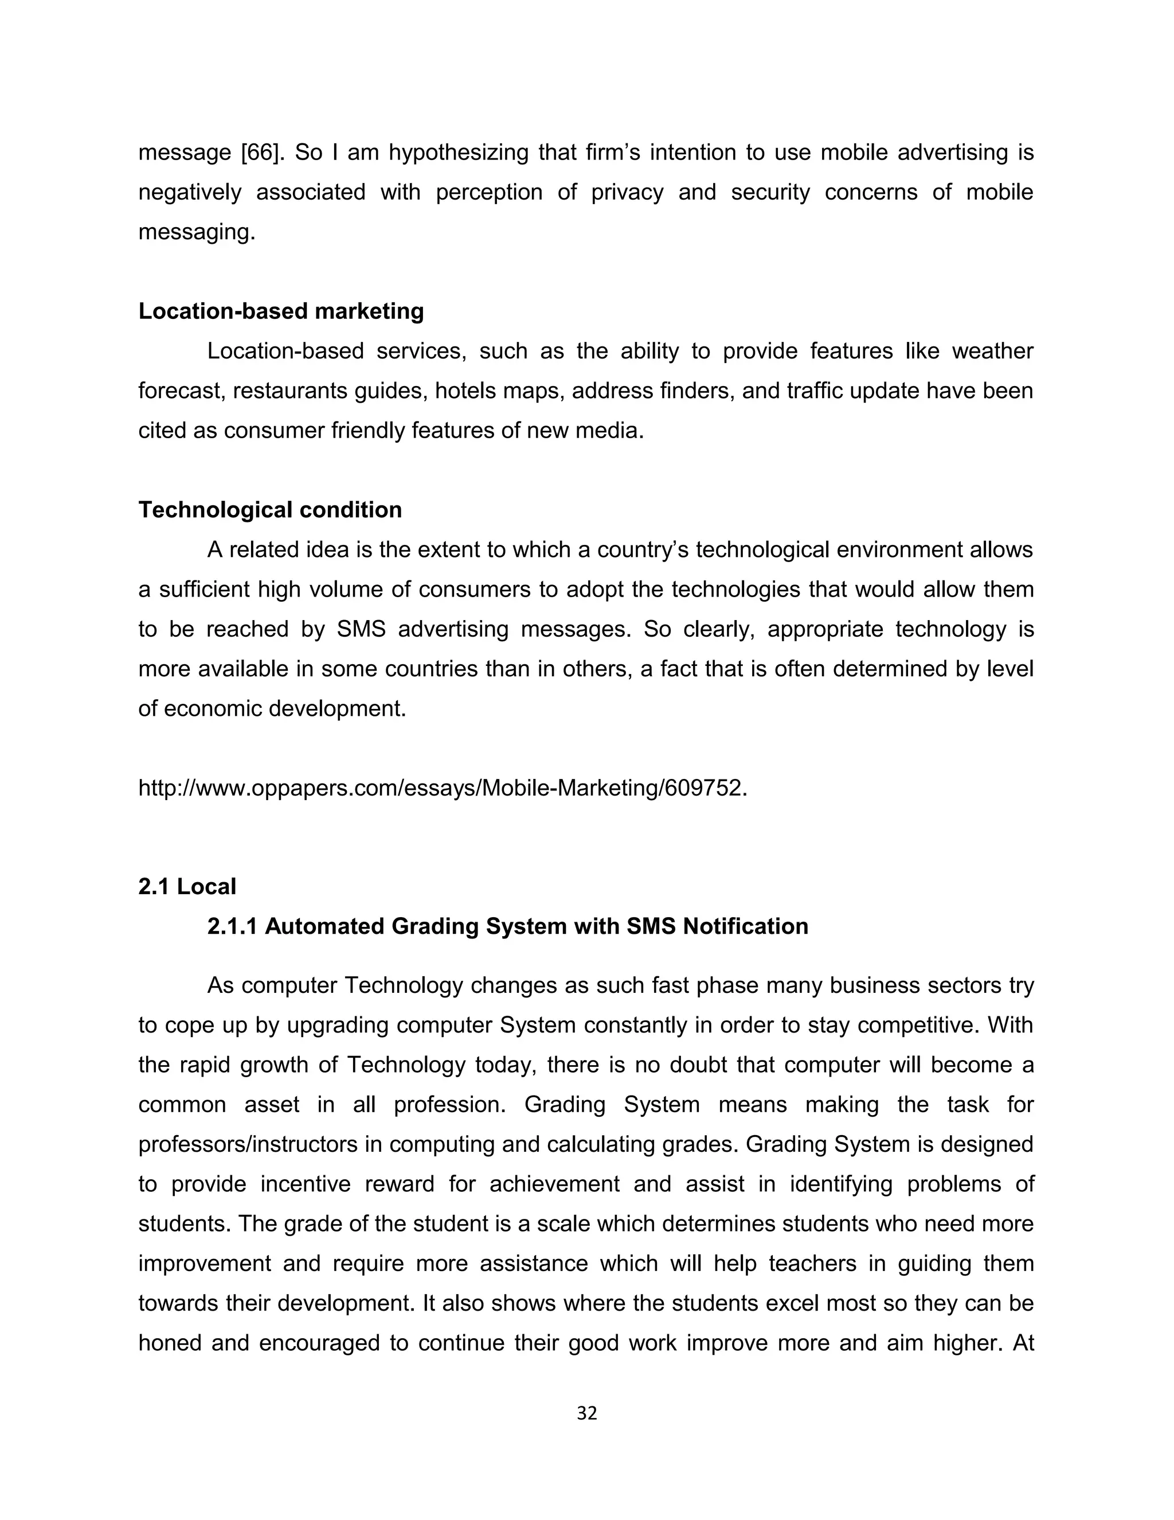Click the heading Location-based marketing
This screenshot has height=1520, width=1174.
pyautogui.click(x=281, y=311)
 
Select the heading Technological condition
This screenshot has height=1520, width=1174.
pyautogui.click(x=270, y=510)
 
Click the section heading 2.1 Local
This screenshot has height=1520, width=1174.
pyautogui.click(x=187, y=887)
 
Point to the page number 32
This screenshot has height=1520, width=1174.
pyautogui.click(x=587, y=1413)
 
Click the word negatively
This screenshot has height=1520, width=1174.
pyautogui.click(x=190, y=192)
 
